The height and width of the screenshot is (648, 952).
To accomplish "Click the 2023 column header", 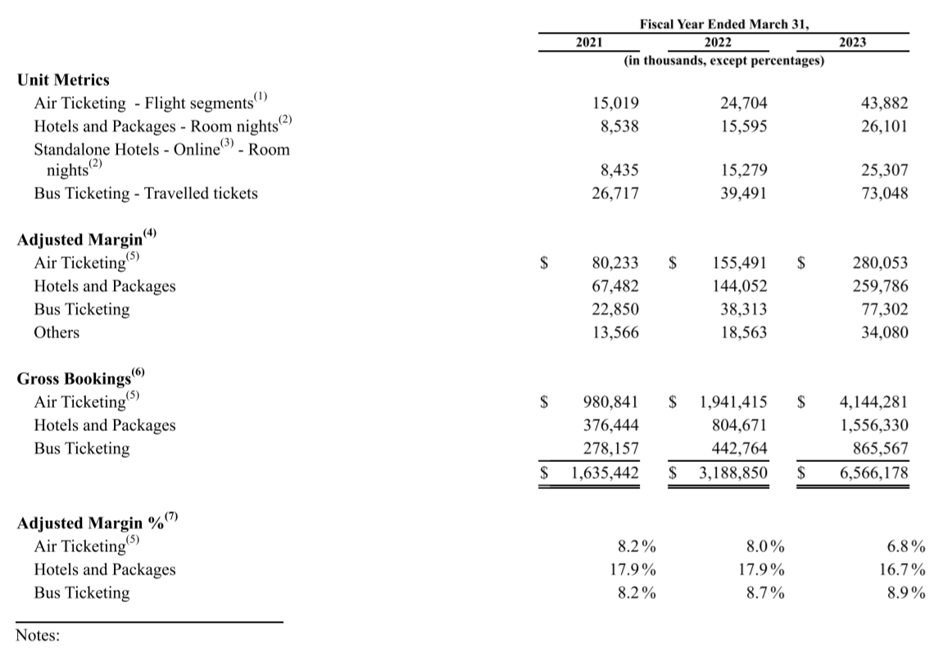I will [852, 43].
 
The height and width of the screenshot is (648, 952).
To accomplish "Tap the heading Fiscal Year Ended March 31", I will [724, 25].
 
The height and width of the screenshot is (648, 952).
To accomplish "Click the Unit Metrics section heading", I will [63, 79].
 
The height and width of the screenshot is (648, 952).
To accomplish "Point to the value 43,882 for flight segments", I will [881, 104].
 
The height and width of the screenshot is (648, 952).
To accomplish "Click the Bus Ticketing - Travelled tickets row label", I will [146, 194].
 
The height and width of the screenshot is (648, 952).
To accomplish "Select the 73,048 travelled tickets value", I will [881, 194].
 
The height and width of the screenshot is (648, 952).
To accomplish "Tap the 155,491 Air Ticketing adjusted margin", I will [740, 263].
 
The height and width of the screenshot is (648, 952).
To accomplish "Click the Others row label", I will [57, 333].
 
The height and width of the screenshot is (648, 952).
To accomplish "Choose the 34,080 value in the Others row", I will [881, 333].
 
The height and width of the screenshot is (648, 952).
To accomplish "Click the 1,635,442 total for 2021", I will [604, 473].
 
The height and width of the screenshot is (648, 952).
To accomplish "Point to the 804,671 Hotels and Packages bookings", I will [740, 425].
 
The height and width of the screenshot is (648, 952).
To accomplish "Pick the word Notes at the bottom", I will [38, 635].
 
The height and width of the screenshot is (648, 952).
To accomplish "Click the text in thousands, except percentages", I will [724, 61].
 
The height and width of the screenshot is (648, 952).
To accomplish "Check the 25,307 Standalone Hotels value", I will [881, 170].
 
